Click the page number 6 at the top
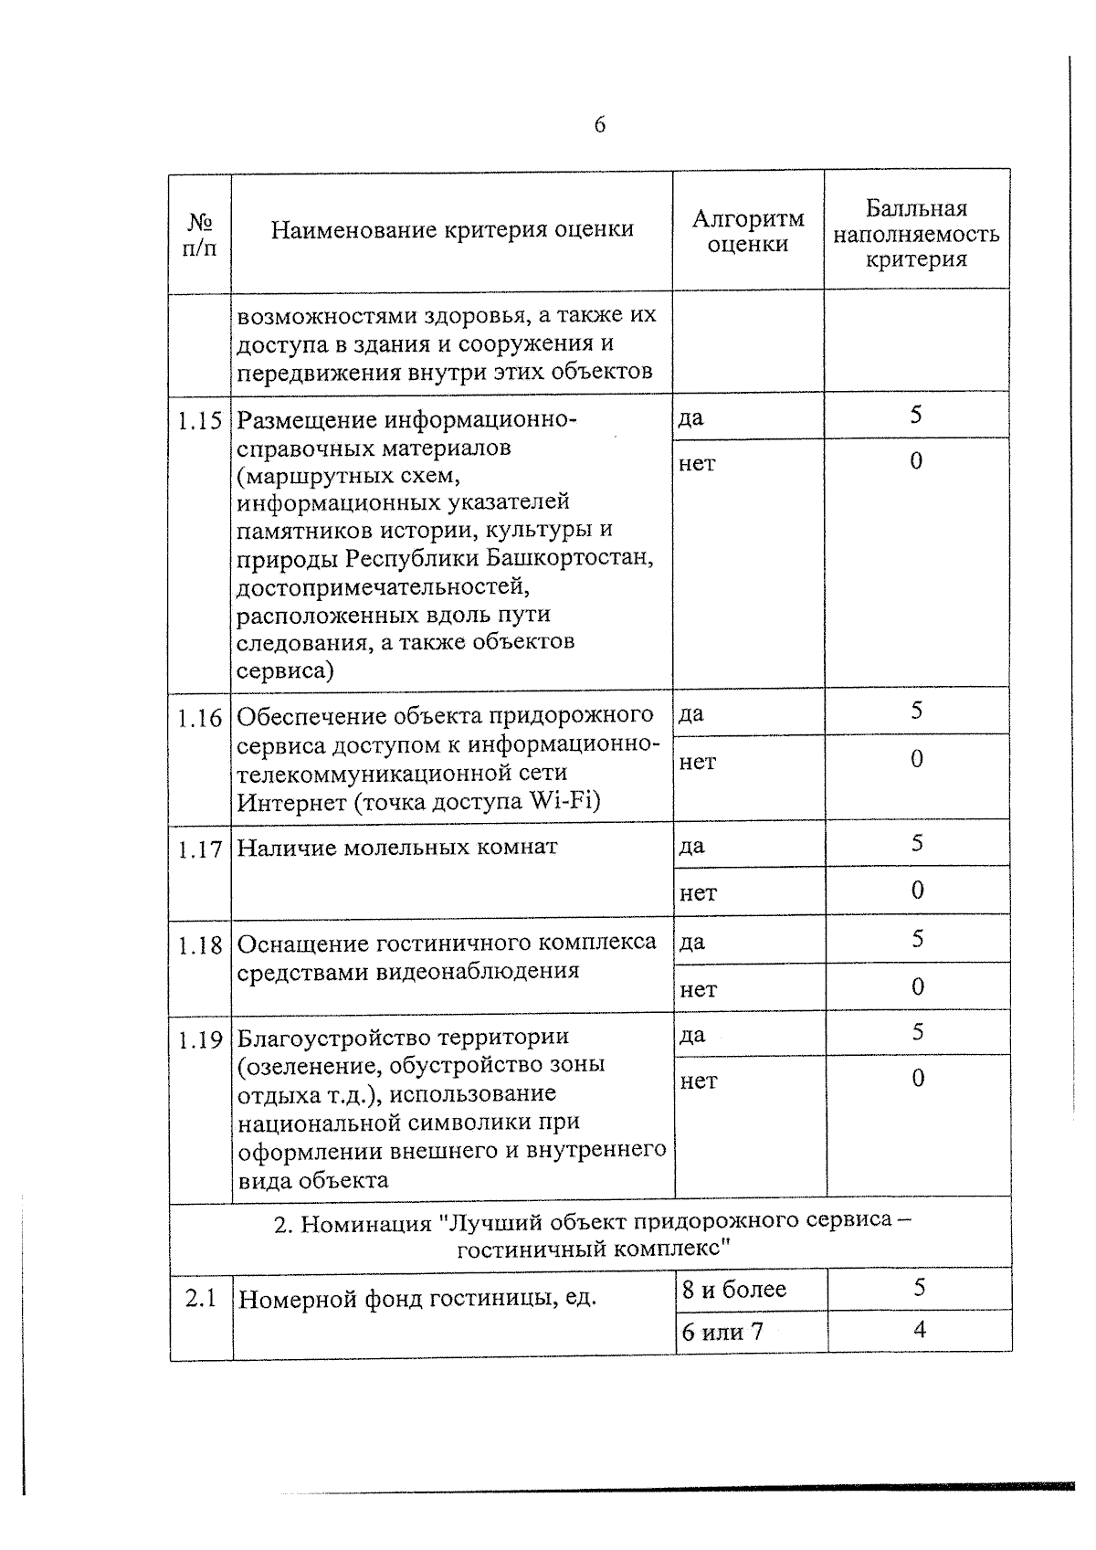[599, 125]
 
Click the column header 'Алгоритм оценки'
[747, 231]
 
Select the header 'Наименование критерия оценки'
[452, 229]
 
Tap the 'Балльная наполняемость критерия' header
[916, 234]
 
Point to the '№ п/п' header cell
[200, 235]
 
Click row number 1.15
[200, 421]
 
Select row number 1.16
[200, 718]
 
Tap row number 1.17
[200, 849]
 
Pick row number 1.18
[200, 945]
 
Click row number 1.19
[200, 1039]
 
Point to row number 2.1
[200, 1298]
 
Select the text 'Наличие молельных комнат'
[396, 848]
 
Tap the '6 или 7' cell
[722, 1332]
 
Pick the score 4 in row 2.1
[919, 1330]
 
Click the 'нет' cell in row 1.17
[698, 892]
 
